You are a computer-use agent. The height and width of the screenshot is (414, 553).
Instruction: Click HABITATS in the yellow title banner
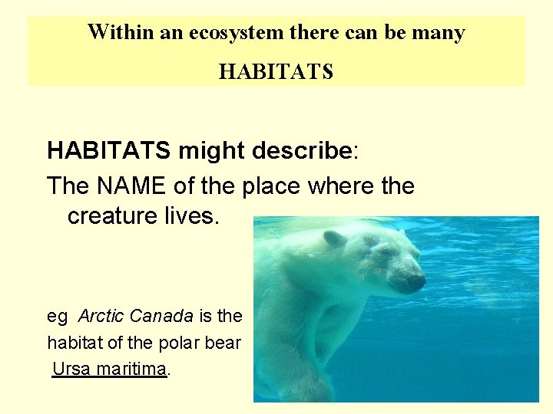tap(276, 72)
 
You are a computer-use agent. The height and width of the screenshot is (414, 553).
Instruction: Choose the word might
tap(214, 151)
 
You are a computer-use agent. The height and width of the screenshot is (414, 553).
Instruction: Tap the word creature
tap(112, 216)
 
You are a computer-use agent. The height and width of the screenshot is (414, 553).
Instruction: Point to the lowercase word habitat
tap(75, 342)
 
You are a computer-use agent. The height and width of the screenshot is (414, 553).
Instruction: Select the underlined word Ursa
tap(68, 369)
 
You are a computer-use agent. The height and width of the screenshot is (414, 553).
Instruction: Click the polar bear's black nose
tap(416, 282)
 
